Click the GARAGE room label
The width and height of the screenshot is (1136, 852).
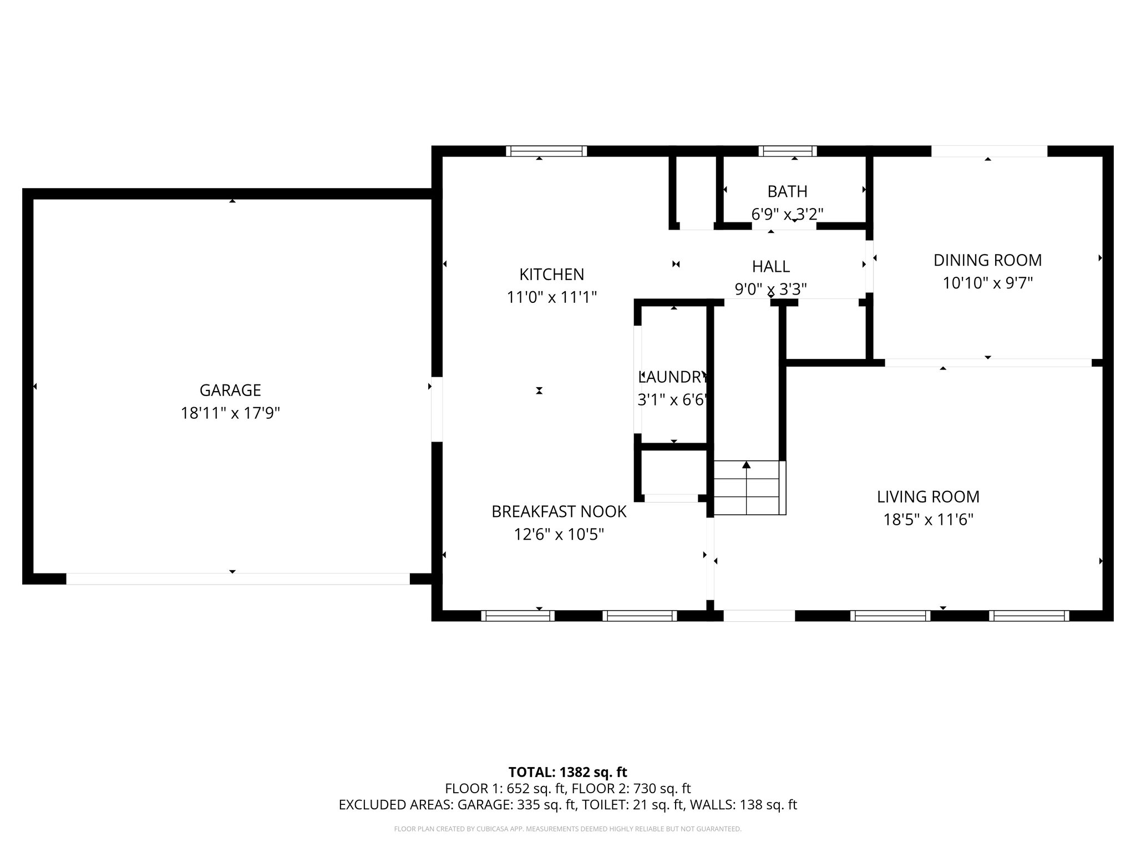(x=230, y=390)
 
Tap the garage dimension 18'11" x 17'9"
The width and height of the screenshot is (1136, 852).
(x=230, y=414)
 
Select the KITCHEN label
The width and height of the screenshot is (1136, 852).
(x=551, y=275)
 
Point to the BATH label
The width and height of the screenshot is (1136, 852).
(x=787, y=191)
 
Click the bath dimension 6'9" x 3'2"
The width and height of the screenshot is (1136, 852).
(x=787, y=214)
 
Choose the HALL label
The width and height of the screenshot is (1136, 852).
(x=771, y=267)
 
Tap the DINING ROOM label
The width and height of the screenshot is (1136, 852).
(x=987, y=260)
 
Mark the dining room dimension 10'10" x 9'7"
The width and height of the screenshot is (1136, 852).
(x=987, y=283)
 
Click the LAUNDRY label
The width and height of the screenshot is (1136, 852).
(x=673, y=377)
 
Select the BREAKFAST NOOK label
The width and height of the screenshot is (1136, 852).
(x=559, y=511)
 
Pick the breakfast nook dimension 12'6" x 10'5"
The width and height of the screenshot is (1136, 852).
(x=559, y=535)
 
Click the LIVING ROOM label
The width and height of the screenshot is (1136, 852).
(x=928, y=497)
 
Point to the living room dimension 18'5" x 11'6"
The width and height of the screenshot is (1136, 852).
(x=928, y=520)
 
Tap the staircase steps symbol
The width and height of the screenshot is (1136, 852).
(x=749, y=488)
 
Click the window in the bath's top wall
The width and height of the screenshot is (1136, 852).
(x=788, y=151)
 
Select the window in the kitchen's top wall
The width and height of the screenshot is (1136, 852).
(x=546, y=151)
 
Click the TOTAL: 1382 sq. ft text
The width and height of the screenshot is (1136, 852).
(x=567, y=772)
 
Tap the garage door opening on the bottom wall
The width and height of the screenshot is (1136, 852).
(x=238, y=579)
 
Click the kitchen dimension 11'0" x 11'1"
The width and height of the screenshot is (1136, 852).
(x=551, y=298)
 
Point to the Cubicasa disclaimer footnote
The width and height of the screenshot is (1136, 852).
(x=567, y=829)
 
